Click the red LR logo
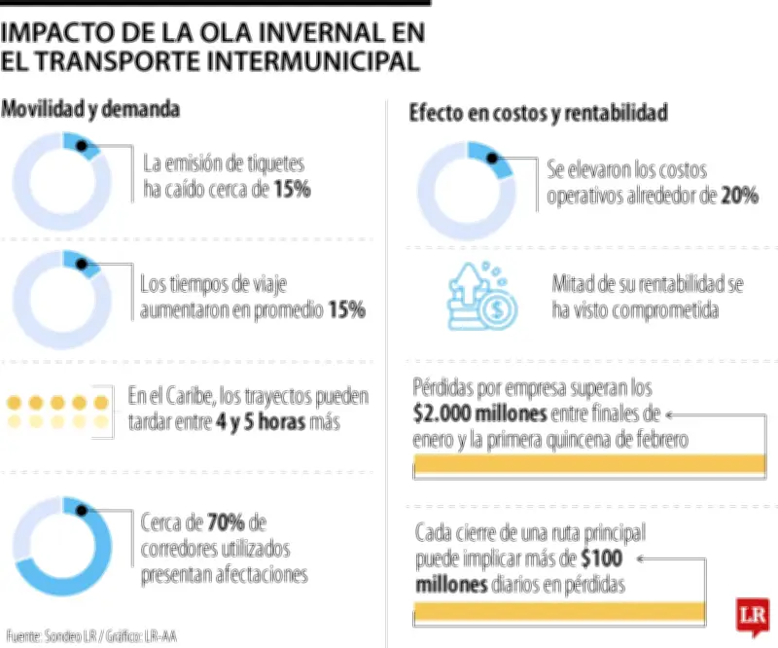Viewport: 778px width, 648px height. tap(752, 617)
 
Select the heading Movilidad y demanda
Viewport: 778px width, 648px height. tap(90, 109)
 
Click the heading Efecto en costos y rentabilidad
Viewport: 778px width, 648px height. tap(538, 114)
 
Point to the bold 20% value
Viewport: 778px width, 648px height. tap(740, 196)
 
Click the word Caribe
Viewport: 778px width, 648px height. tap(192, 398)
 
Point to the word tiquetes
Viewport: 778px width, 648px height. tap(273, 162)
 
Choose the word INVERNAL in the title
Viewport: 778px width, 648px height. tap(310, 32)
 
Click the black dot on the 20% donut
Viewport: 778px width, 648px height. tap(492, 158)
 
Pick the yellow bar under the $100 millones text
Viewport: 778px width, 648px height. tap(559, 611)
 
